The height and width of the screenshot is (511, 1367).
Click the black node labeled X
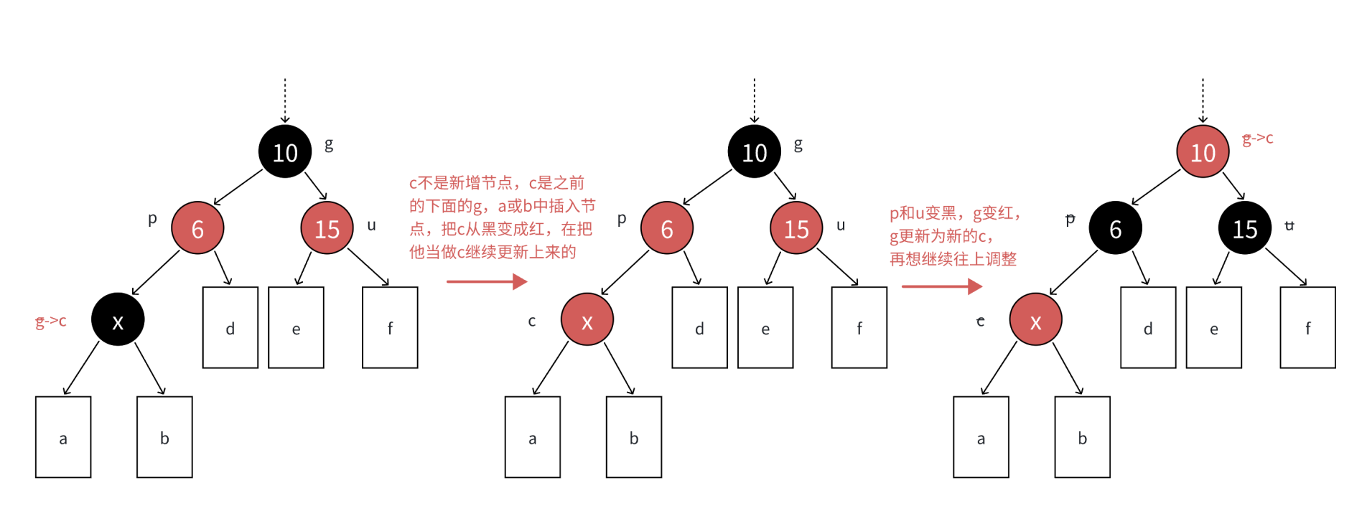(118, 319)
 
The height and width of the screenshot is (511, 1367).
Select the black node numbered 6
(1115, 228)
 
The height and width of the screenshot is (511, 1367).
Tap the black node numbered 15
(1245, 228)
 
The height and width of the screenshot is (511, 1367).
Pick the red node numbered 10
(1203, 151)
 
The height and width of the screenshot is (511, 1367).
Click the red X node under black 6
(1035, 319)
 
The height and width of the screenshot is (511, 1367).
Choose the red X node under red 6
(587, 319)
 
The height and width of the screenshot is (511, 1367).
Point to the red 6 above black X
(197, 228)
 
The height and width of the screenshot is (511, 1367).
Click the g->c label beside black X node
(51, 321)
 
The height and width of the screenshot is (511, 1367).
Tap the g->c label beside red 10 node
(1258, 138)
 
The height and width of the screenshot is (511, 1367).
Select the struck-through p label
(1070, 219)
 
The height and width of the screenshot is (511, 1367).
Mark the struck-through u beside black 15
(1289, 225)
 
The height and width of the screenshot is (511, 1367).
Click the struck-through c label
(981, 321)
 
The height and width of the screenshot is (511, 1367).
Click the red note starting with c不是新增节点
(501, 217)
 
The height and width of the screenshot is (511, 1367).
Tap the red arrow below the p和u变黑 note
(941, 286)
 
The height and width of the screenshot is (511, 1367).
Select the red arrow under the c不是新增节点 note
(487, 281)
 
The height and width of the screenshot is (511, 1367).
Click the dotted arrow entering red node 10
(1203, 100)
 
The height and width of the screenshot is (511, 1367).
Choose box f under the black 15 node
(1307, 327)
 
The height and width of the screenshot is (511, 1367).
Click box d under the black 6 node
(1148, 327)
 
